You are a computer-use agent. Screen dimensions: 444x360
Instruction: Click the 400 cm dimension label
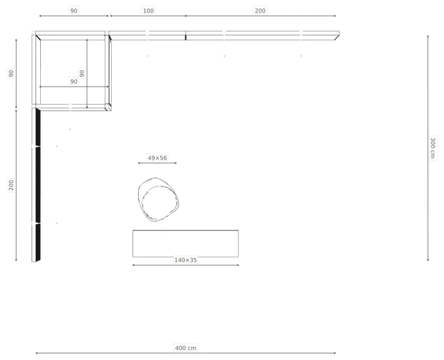pyautogui.click(x=185, y=348)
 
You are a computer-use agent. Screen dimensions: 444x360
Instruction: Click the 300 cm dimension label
pyautogui.click(x=433, y=148)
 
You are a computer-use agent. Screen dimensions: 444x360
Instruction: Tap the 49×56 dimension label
pyautogui.click(x=157, y=157)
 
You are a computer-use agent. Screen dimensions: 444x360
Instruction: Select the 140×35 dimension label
pyautogui.click(x=185, y=260)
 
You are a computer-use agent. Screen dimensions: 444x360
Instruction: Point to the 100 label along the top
pyautogui.click(x=148, y=11)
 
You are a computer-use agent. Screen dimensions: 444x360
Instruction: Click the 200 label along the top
pyautogui.click(x=260, y=11)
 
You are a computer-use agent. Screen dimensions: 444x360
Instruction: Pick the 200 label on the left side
pyautogui.click(x=11, y=185)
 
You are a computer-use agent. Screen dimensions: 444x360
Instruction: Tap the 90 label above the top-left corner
pyautogui.click(x=74, y=11)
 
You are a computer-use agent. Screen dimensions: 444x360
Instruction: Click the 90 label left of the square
pyautogui.click(x=11, y=74)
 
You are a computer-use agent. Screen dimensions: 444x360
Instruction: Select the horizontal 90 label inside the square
pyautogui.click(x=74, y=82)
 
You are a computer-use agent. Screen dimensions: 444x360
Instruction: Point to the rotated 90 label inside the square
pyautogui.click(x=82, y=74)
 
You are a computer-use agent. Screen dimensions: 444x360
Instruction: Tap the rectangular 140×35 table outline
pyautogui.click(x=185, y=230)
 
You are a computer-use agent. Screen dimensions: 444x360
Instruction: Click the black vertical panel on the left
pyautogui.click(x=38, y=185)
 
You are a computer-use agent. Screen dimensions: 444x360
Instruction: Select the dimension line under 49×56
pyautogui.click(x=157, y=163)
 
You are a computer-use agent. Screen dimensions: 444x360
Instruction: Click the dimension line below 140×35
pyautogui.click(x=185, y=265)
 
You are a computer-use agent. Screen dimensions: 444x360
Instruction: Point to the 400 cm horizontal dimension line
pyautogui.click(x=185, y=353)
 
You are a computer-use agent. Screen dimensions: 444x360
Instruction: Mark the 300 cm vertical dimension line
pyautogui.click(x=427, y=148)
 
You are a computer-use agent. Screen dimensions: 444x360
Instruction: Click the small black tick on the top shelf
pyautogui.click(x=185, y=37)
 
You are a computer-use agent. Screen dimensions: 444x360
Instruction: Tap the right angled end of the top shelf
pyautogui.click(x=337, y=36)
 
